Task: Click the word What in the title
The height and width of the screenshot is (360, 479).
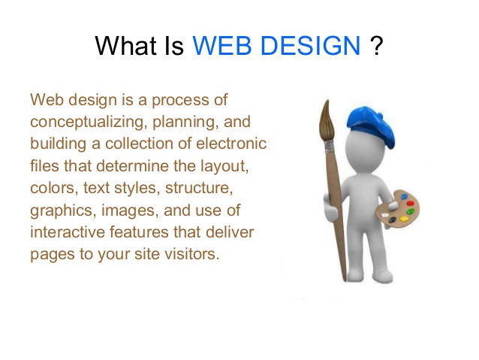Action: point(126,46)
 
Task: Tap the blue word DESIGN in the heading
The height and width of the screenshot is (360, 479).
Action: point(310,46)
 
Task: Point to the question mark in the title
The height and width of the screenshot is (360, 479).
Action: point(377,46)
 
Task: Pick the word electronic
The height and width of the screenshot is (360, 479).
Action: point(231,144)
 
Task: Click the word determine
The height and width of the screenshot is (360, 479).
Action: point(132,166)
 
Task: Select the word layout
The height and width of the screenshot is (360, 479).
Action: point(224,167)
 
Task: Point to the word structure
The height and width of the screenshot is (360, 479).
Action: point(199,188)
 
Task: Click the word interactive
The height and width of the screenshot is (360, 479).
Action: point(68,231)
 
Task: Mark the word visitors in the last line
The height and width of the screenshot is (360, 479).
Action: point(192,254)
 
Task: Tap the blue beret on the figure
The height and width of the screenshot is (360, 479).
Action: point(371,125)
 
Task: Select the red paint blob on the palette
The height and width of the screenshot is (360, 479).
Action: point(410,203)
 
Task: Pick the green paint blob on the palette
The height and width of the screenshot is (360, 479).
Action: point(410,212)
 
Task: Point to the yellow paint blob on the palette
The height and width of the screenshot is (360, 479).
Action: point(404,219)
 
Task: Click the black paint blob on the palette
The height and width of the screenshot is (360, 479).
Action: point(392,219)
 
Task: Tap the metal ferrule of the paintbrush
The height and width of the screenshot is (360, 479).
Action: point(330,147)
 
